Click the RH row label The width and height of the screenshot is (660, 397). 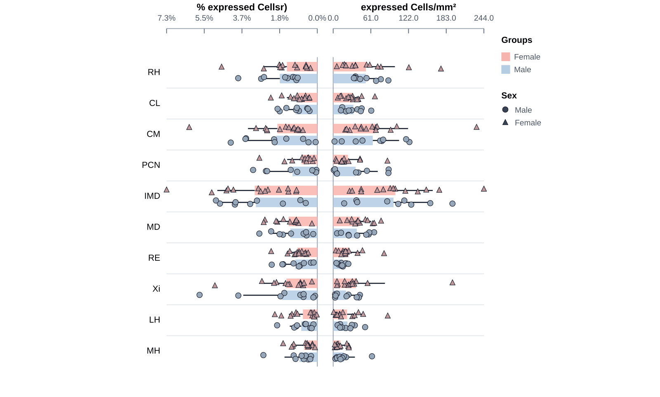tap(153, 72)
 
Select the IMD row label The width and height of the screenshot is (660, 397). tap(152, 196)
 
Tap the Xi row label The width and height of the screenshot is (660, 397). tap(156, 289)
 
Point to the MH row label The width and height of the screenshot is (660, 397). tap(153, 351)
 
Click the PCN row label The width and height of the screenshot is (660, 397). tap(151, 165)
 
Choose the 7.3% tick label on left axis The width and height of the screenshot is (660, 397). tap(166, 18)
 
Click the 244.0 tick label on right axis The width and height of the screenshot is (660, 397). tap(483, 18)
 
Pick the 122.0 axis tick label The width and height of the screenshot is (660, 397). tap(408, 18)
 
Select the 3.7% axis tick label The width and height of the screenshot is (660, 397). tap(242, 18)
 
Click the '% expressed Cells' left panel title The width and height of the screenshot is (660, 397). tap(242, 7)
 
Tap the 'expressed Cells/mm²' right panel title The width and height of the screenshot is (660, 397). tap(408, 7)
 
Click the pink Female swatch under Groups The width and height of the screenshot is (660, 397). tap(506, 57)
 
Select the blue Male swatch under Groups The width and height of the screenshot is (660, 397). tap(506, 69)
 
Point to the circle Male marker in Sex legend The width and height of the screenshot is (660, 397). tap(505, 110)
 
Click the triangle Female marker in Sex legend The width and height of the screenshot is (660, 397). tap(505, 122)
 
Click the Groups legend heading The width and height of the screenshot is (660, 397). tap(516, 40)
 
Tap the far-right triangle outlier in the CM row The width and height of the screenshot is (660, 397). tap(476, 127)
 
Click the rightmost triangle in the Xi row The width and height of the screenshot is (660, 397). tap(452, 282)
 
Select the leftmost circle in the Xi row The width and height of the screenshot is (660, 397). tap(200, 295)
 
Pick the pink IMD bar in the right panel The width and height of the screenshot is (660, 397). tap(364, 191)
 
